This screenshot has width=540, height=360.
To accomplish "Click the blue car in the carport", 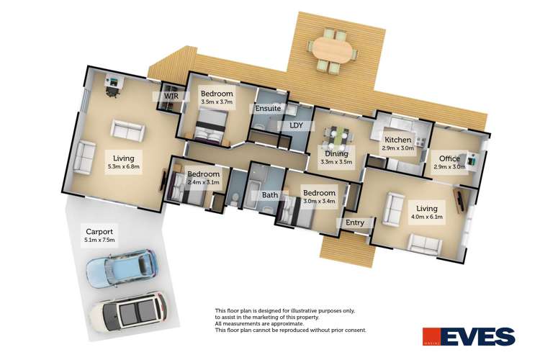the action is [x=122, y=269].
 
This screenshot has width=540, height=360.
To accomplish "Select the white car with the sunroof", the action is [x=129, y=312].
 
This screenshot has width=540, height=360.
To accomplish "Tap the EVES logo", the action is [x=469, y=336].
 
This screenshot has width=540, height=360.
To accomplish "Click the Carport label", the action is [x=99, y=232].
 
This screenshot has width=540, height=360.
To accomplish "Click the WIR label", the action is [x=171, y=96].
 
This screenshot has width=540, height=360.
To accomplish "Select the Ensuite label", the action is [x=268, y=109].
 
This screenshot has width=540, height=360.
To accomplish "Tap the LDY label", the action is [x=296, y=125].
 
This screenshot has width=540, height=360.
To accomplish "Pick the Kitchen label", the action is [x=397, y=140].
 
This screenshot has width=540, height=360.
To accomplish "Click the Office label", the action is [x=449, y=158].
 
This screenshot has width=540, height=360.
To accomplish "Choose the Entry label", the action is [x=355, y=222].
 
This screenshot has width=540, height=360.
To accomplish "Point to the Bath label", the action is [x=270, y=195].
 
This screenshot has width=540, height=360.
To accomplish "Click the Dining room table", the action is [x=338, y=135].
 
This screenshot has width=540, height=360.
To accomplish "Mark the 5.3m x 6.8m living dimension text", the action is [x=124, y=167].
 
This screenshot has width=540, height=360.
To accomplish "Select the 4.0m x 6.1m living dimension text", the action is [x=427, y=217].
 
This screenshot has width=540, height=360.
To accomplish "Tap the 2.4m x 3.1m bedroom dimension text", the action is [x=204, y=182].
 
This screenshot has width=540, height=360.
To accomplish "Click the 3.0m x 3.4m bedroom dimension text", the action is [x=319, y=201].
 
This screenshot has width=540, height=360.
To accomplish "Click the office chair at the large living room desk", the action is [x=112, y=91].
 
